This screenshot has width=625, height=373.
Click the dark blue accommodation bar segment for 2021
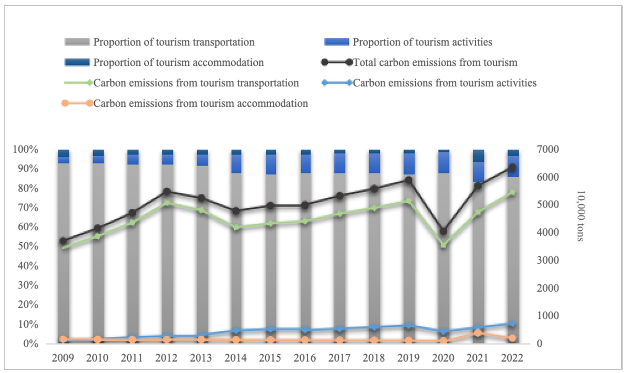click(x=478, y=156)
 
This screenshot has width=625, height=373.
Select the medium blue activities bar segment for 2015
click(x=271, y=164)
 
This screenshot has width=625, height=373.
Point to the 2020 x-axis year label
click(x=443, y=358)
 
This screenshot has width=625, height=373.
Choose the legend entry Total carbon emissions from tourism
click(x=435, y=62)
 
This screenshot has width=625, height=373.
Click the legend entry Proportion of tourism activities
click(x=422, y=42)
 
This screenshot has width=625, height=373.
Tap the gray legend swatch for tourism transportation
click(x=77, y=42)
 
